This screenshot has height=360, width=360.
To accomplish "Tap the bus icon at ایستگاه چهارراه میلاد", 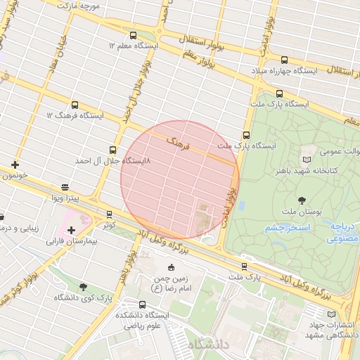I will (284, 60).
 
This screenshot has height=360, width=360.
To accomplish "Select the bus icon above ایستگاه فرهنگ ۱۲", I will (75, 105).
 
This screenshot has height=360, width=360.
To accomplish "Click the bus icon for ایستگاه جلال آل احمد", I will (113, 150).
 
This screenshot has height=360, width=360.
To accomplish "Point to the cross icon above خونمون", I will (15, 165).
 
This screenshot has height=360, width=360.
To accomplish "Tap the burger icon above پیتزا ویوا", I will (65, 187).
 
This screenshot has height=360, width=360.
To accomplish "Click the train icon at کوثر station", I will (109, 214).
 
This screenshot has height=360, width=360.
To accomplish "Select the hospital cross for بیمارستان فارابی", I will (71, 230).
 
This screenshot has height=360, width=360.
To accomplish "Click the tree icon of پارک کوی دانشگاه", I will (84, 287).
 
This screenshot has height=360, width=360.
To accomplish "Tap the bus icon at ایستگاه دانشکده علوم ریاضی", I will (143, 304).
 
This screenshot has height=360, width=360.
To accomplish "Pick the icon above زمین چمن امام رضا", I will (171, 267).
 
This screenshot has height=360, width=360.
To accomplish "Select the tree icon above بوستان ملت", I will (302, 200).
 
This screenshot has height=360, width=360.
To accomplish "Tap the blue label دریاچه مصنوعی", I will (342, 233).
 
